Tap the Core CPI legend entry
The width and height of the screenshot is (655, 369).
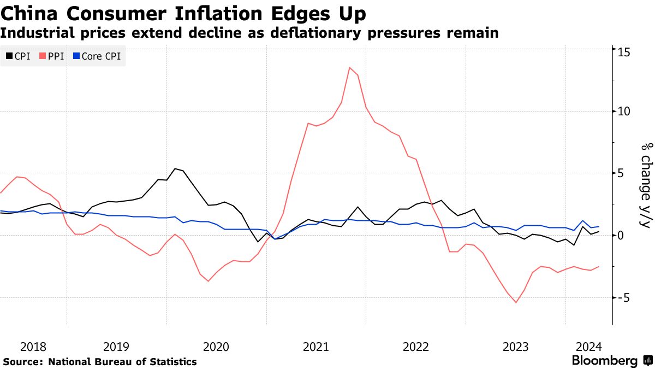click(97, 56)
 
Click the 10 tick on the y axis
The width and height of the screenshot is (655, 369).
click(624, 111)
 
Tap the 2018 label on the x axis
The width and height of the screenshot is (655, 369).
click(33, 347)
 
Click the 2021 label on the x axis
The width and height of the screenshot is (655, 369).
click(315, 347)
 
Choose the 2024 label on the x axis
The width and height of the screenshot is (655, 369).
click(589, 347)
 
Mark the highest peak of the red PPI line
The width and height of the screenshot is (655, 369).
click(349, 67)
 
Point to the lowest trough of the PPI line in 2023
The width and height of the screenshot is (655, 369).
click(516, 302)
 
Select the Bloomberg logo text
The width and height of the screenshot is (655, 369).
click(604, 361)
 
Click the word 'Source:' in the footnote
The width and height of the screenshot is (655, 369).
click(23, 362)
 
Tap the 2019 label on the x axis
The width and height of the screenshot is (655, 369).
click(116, 347)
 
